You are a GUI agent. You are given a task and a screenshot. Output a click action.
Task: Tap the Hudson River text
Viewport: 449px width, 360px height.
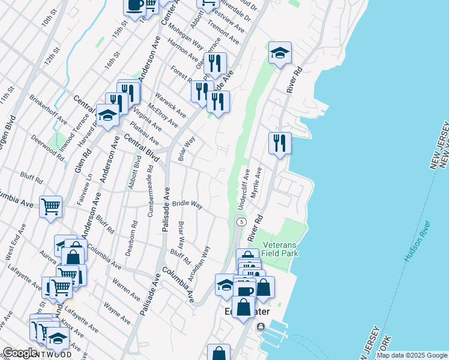click(417, 241)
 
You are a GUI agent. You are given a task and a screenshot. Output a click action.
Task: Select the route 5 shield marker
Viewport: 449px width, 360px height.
click(241, 222)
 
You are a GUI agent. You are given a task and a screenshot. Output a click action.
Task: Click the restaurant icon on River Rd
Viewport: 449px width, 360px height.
click(280, 143)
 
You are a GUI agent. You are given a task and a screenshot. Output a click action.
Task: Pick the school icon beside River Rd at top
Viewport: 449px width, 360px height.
click(280, 53)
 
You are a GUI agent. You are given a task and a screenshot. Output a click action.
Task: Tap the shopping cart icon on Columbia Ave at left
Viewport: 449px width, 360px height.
click(51, 206)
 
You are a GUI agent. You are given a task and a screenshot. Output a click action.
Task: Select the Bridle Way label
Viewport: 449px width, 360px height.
click(187, 204)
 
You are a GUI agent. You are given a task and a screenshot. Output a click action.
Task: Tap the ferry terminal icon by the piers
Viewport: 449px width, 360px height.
click(260, 327)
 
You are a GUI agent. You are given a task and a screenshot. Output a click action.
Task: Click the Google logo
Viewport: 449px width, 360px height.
click(20, 353)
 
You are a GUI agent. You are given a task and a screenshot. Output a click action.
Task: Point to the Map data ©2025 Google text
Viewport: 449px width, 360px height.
click(412, 355)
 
